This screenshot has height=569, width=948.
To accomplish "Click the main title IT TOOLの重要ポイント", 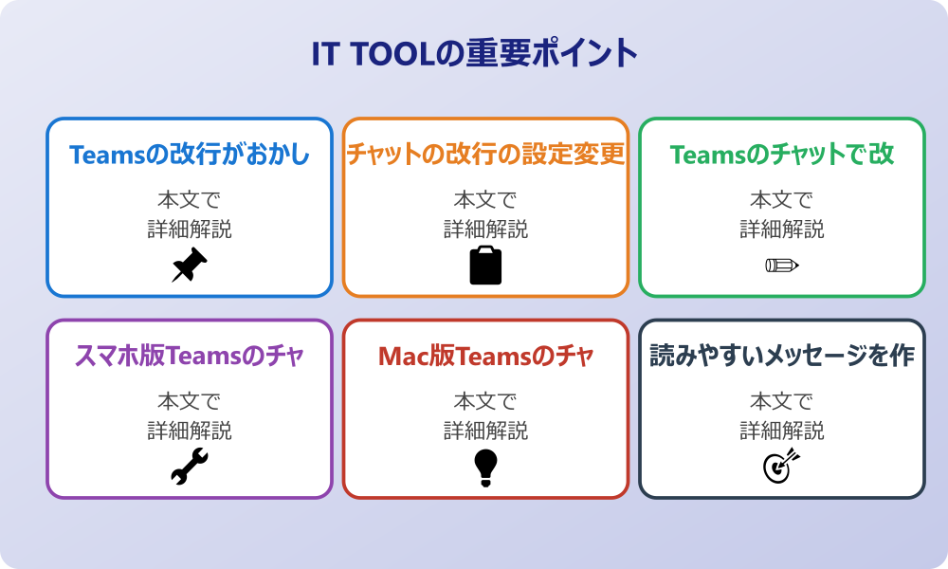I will (474, 53).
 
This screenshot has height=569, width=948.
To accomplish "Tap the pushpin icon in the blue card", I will (189, 266).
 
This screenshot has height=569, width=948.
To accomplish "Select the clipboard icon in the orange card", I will (485, 266).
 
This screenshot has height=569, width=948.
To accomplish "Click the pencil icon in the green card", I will (781, 265).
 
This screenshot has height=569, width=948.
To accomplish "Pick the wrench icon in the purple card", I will (189, 467).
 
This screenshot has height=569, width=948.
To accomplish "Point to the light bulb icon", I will (485, 468).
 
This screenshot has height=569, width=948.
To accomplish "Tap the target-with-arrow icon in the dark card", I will (781, 467).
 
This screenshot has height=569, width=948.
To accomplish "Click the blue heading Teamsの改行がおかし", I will (190, 155).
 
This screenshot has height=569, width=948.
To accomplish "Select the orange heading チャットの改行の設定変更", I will (485, 155).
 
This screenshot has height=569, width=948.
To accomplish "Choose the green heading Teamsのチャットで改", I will (782, 155).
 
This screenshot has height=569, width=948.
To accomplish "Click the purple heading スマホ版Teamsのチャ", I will (190, 357).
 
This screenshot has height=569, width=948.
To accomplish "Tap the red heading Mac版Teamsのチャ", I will (485, 357).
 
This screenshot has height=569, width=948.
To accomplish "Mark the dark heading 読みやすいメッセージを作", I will (782, 357).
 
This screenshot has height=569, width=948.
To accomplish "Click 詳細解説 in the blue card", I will (190, 229).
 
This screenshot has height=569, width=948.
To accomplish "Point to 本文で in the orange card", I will (485, 200).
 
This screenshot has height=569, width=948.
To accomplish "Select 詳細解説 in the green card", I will (782, 229).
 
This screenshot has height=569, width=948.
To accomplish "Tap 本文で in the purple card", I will (190, 402).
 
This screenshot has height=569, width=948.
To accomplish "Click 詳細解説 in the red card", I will (485, 431).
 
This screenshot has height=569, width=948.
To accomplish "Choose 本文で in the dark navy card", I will (782, 402).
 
